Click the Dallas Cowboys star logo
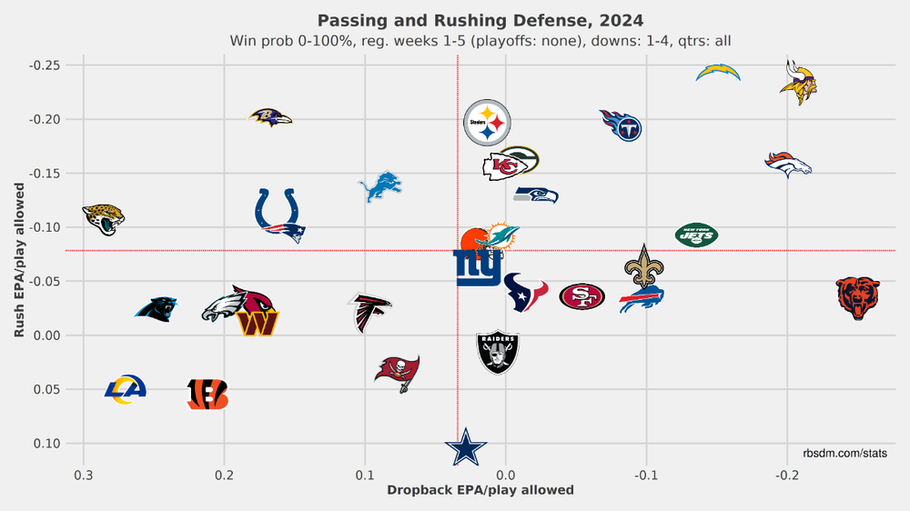(466, 447)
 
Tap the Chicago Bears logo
(857, 298)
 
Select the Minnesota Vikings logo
(798, 78)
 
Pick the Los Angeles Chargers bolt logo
(718, 73)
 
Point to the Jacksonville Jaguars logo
(103, 218)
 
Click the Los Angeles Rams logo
(126, 390)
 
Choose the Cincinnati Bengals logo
(207, 394)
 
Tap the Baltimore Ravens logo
(270, 117)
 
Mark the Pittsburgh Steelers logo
(487, 123)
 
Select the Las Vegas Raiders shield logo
(498, 351)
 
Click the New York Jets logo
(696, 235)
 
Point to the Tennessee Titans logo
(622, 125)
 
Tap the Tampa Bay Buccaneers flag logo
(398, 372)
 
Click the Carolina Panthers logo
(157, 308)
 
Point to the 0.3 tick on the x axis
(84, 475)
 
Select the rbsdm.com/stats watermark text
(845, 453)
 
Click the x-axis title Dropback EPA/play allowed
(480, 490)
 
